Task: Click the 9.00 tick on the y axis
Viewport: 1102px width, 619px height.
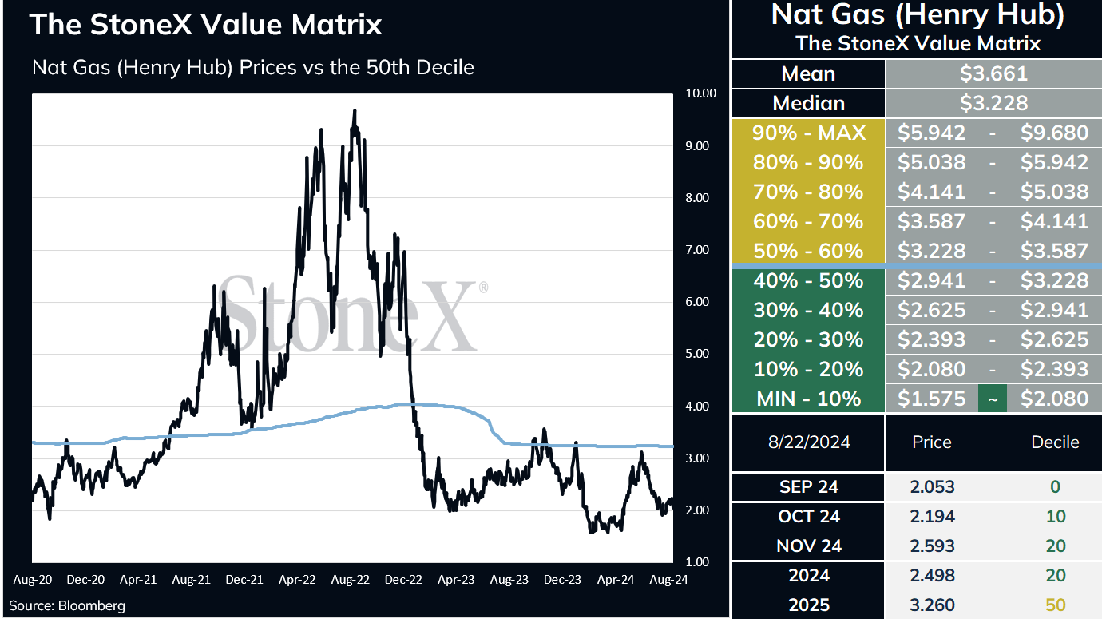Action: pos(697,146)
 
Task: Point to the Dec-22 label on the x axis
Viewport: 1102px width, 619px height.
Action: pos(403,580)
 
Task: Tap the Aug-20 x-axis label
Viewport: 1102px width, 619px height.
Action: pos(33,580)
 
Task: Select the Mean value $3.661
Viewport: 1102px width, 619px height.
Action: pos(993,73)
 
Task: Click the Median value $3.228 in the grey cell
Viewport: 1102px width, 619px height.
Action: pos(993,103)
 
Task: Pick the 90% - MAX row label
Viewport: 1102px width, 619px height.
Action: pos(809,133)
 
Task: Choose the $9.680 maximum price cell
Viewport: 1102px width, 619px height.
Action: pos(1054,133)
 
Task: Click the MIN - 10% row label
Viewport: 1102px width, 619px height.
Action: pos(809,399)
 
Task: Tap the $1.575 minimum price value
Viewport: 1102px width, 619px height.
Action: pos(931,399)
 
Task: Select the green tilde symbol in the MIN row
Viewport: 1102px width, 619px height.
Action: pos(993,399)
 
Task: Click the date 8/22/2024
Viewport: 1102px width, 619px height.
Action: pos(809,442)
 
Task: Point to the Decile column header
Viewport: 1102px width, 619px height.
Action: pos(1055,442)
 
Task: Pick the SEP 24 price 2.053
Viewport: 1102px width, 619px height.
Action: pos(932,486)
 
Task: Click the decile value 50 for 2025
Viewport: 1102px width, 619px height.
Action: pos(1055,605)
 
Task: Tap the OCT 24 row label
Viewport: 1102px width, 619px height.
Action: pos(809,516)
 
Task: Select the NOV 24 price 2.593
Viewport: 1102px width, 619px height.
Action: pos(932,546)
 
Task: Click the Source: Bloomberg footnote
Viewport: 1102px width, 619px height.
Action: pos(67,605)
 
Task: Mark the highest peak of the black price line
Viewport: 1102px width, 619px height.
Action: pos(355,110)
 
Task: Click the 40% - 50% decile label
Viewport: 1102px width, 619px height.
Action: pos(809,280)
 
